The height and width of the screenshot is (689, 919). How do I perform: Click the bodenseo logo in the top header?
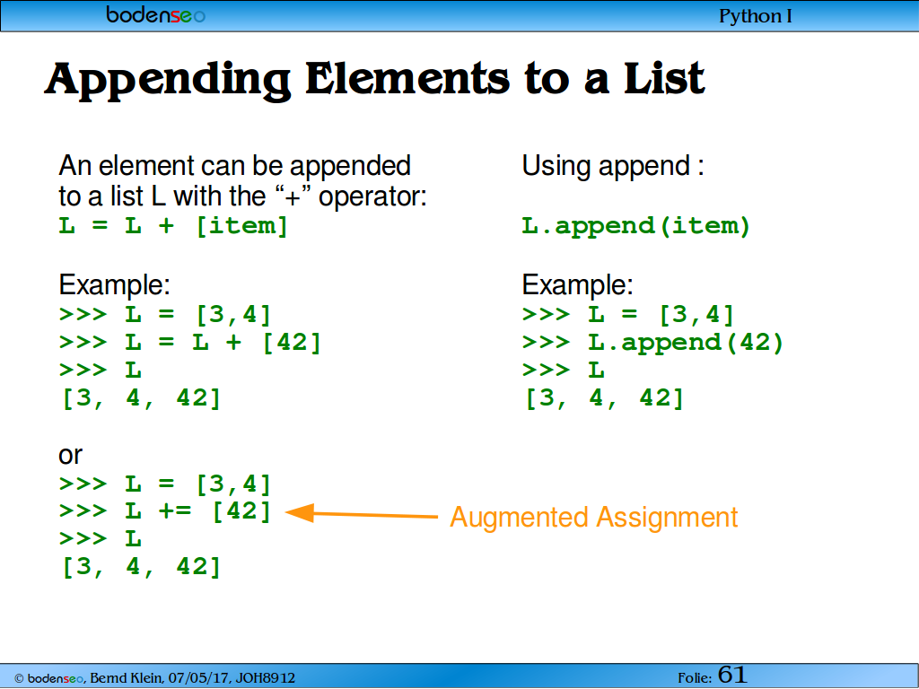pos(155,14)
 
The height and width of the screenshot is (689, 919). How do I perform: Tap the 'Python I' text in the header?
pos(756,16)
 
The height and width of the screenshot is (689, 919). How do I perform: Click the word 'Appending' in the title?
pos(168,80)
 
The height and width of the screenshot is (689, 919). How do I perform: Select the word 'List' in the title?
pos(664,78)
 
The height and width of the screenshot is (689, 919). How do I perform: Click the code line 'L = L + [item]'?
pos(173,226)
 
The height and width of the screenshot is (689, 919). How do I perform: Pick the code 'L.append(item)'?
pos(636,226)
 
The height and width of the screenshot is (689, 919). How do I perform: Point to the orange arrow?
pos(361,514)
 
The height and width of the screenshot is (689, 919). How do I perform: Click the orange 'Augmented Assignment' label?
pos(594,518)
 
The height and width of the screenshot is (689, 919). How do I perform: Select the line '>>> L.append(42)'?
pos(653,343)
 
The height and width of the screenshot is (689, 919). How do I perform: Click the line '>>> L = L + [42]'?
pos(190,343)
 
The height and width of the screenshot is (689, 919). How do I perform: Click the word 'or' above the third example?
pos(70,455)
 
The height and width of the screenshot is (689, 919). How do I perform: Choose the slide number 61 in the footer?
pos(732,675)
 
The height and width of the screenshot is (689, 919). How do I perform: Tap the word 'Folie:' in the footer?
pos(695,678)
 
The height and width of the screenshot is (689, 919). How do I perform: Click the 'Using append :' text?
pos(612,166)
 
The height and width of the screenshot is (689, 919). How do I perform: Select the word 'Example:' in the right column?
pos(577,285)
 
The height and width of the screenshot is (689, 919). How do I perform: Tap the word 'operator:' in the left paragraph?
pos(372,196)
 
